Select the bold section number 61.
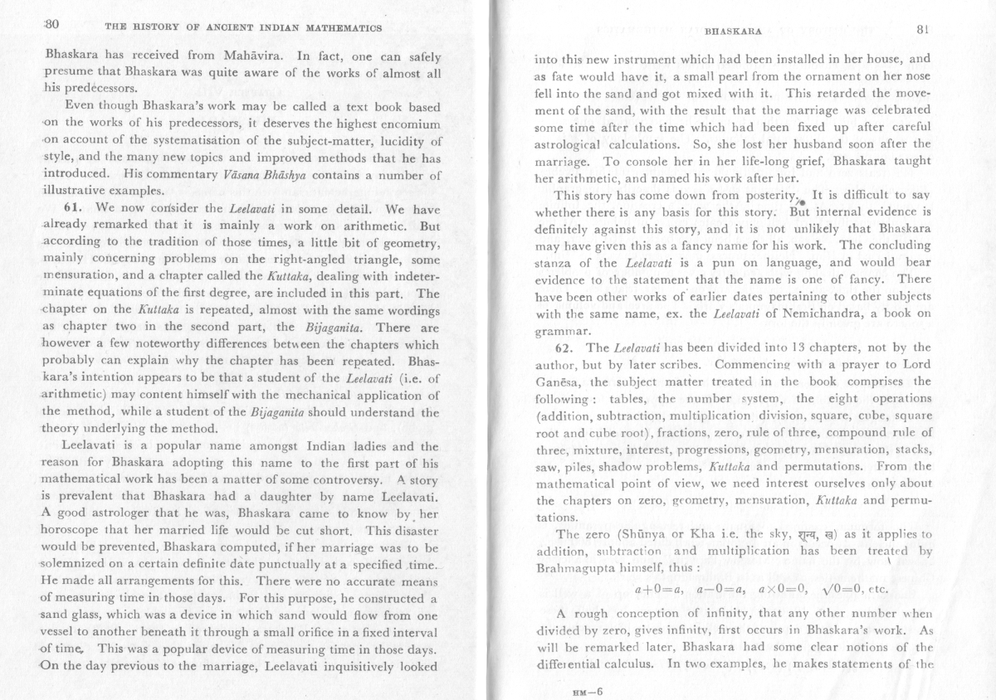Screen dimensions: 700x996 pyautogui.click(x=78, y=207)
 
